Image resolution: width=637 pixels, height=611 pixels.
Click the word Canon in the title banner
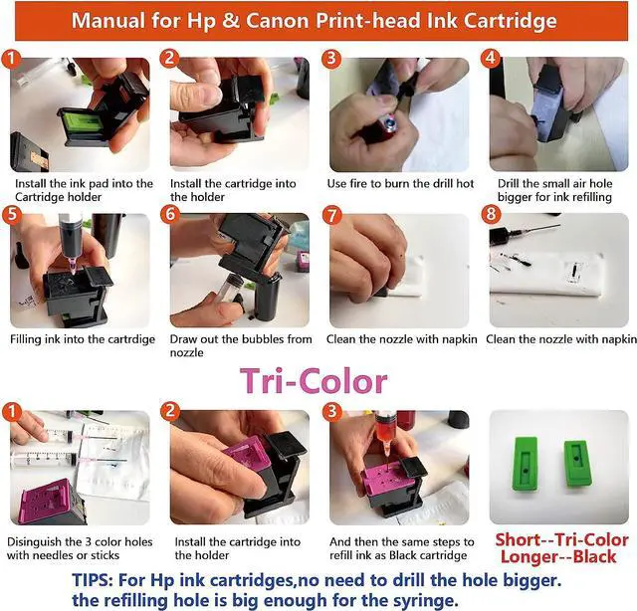(277, 20)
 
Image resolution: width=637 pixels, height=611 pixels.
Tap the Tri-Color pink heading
(314, 381)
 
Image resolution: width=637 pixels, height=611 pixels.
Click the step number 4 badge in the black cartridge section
(491, 59)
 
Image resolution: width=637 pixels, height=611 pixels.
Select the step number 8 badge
(491, 214)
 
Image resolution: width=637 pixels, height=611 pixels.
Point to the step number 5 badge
(12, 214)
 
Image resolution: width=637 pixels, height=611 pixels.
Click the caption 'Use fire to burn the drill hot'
(400, 184)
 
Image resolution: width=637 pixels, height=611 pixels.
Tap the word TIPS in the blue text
(93, 580)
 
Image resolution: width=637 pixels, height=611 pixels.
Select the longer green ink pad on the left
(526, 464)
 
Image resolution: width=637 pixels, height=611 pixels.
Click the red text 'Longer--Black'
(558, 556)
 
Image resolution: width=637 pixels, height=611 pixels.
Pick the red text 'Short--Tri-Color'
(561, 540)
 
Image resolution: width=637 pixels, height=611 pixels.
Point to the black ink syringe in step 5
(70, 242)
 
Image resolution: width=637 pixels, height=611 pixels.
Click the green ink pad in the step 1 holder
(84, 121)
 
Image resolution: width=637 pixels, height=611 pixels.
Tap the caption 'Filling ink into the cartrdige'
(83, 339)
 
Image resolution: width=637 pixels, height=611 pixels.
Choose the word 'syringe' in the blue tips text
(427, 600)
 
